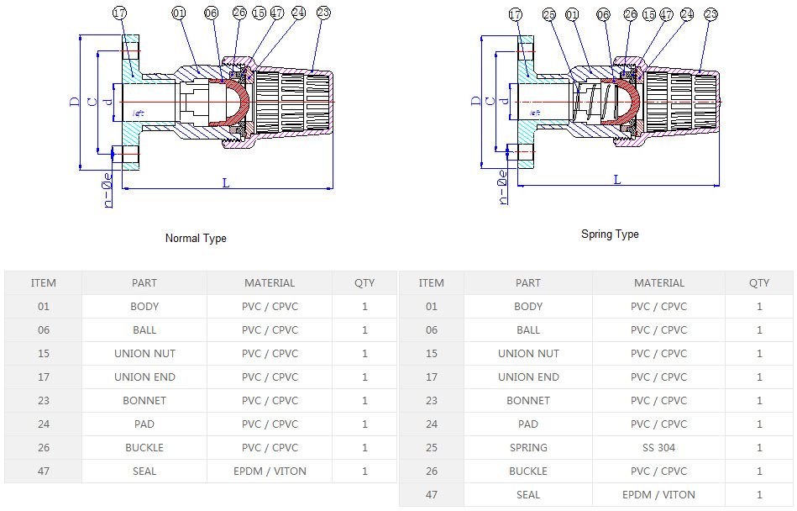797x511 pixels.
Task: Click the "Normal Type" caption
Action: [x=196, y=238]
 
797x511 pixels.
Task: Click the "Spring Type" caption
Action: [x=610, y=234]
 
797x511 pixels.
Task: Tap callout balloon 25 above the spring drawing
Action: [x=549, y=14]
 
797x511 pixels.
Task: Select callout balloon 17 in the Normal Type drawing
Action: [x=119, y=13]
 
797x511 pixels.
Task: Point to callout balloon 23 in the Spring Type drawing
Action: [x=711, y=14]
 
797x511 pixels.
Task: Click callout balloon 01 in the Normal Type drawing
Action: [x=179, y=13]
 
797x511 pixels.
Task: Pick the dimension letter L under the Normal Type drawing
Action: [x=226, y=182]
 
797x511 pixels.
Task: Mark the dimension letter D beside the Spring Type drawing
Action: [x=477, y=100]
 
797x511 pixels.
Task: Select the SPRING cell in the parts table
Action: [x=528, y=448]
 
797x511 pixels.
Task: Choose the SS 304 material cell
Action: [x=658, y=448]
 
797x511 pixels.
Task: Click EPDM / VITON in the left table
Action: [x=270, y=471]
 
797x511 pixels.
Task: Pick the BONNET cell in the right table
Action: [x=528, y=401]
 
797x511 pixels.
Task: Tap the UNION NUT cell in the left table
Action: [x=144, y=354]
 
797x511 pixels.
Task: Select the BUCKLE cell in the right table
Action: [x=528, y=471]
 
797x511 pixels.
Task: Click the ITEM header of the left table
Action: [x=44, y=283]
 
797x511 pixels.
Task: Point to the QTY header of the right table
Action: [x=759, y=283]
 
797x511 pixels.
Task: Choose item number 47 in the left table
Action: [x=44, y=471]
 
